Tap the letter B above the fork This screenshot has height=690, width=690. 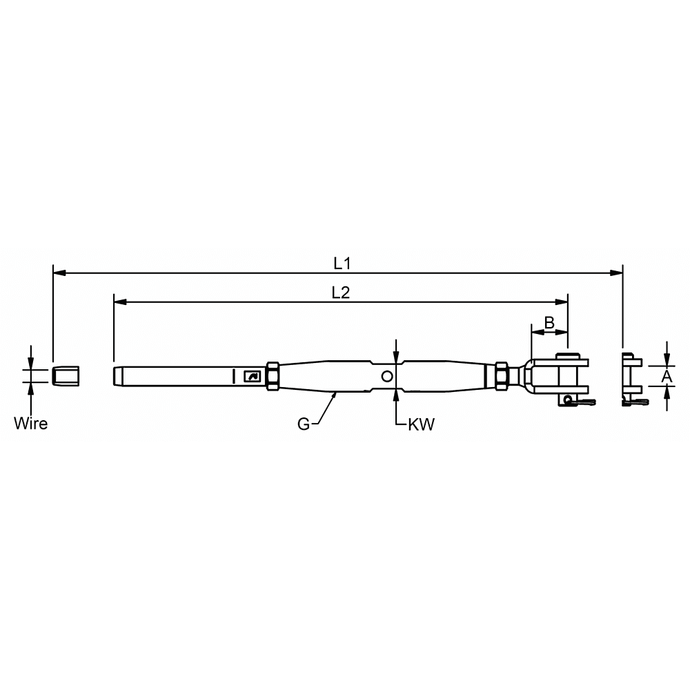pyautogui.click(x=549, y=322)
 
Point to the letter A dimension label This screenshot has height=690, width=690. pyautogui.click(x=667, y=376)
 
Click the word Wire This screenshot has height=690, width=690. pyautogui.click(x=31, y=424)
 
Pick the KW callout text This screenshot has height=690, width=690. pyautogui.click(x=421, y=425)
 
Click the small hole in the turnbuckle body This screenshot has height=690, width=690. pyautogui.click(x=387, y=376)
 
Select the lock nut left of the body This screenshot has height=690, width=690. pyautogui.click(x=272, y=376)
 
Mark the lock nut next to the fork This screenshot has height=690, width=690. pyautogui.click(x=502, y=376)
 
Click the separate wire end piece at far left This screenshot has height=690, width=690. pyautogui.click(x=68, y=376)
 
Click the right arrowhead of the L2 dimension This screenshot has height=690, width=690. pyautogui.click(x=562, y=302)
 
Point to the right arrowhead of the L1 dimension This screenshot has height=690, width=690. pyautogui.click(x=618, y=273)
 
